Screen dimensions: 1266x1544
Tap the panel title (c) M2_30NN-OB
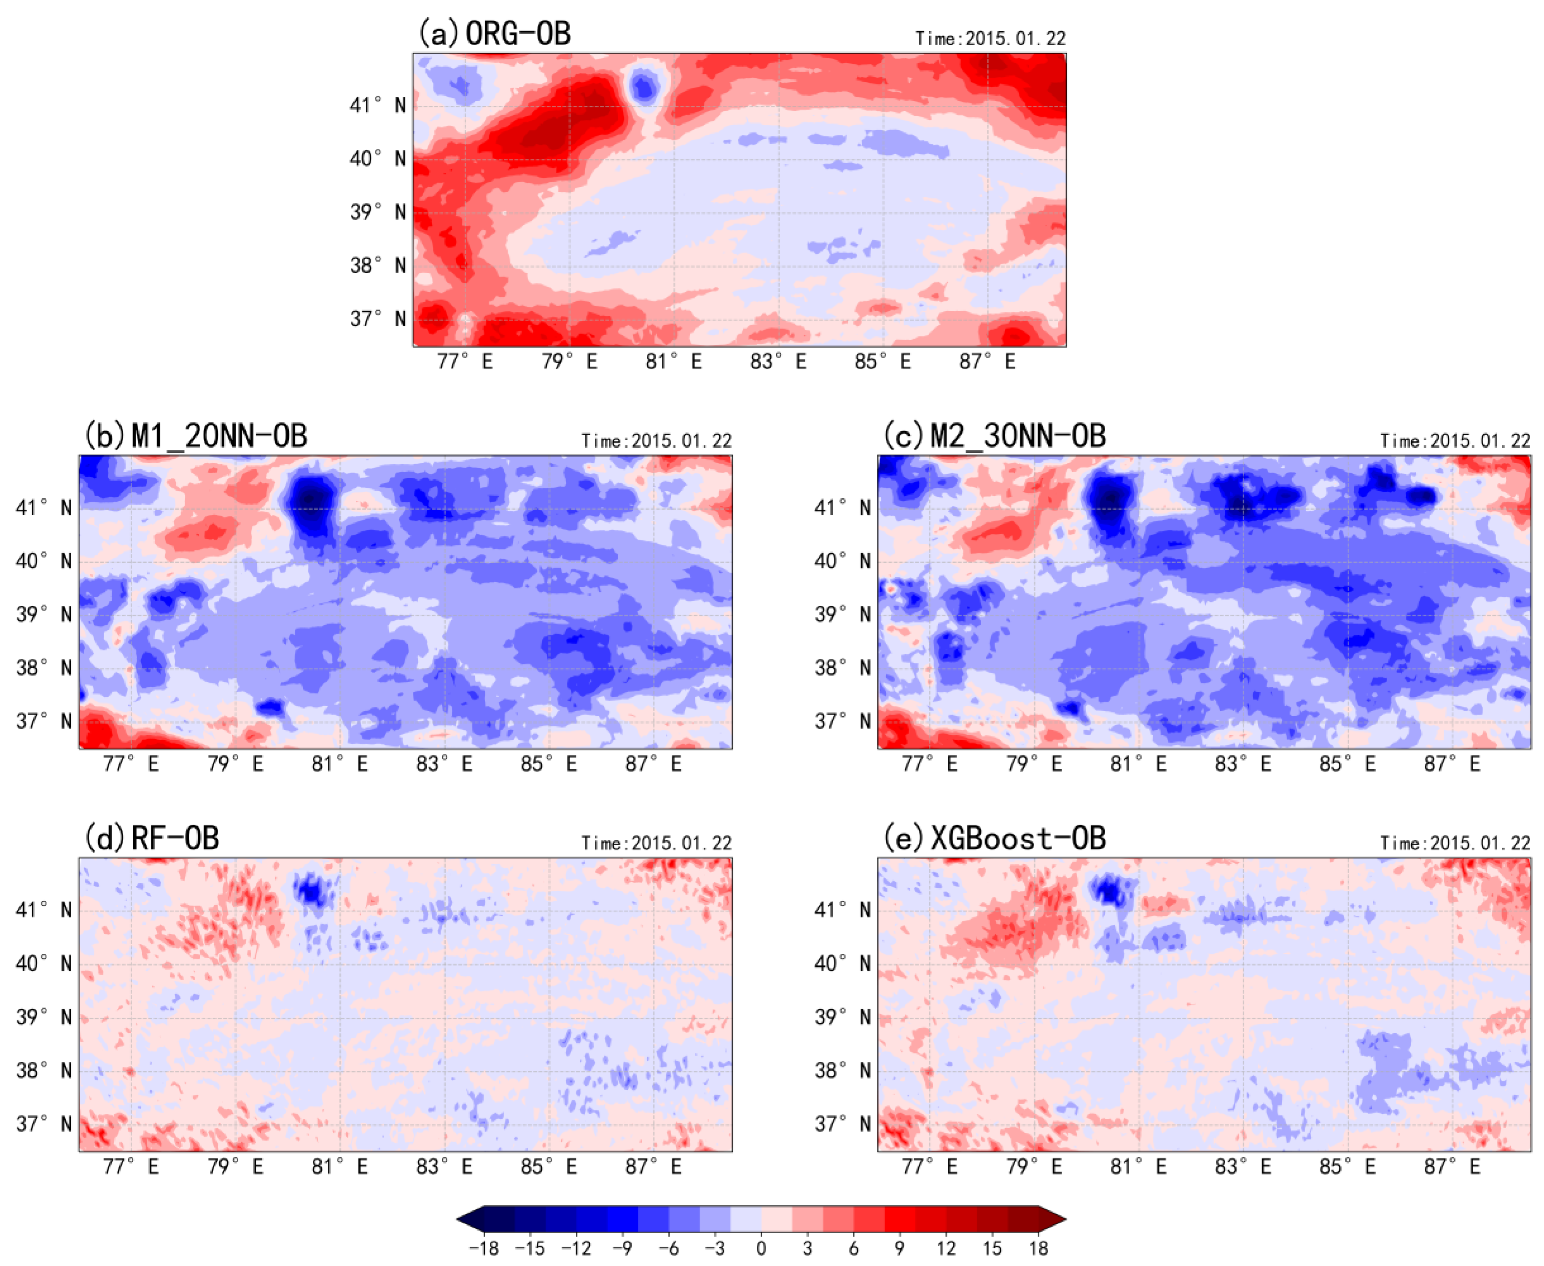(994, 435)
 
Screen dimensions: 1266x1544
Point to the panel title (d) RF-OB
(151, 838)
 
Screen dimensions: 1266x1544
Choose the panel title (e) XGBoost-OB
(994, 838)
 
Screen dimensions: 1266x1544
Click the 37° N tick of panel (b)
(44, 721)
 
